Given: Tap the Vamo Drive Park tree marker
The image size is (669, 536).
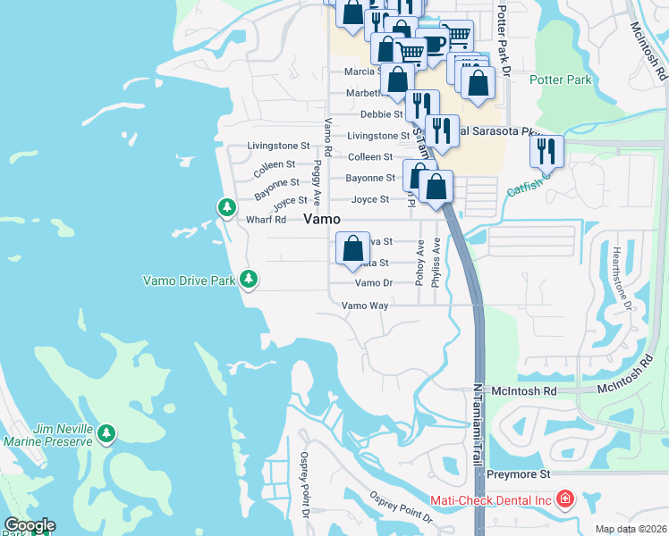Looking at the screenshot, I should (249, 280).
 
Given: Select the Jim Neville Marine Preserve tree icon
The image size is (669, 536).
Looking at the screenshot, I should (106, 434).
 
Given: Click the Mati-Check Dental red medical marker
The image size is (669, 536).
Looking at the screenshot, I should (564, 499).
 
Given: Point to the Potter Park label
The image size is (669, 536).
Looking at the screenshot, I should (561, 80).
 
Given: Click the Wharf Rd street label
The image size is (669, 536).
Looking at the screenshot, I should (266, 220).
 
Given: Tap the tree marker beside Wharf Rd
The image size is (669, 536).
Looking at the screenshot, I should (227, 208).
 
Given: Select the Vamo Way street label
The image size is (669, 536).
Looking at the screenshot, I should (366, 306).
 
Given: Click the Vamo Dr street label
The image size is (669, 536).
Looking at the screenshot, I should (374, 283).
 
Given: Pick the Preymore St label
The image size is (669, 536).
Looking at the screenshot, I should (518, 474).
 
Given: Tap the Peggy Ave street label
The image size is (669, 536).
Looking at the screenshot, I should (317, 183).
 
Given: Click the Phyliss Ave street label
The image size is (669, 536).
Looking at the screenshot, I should (436, 261).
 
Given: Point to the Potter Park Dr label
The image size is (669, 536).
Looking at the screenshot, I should (502, 39).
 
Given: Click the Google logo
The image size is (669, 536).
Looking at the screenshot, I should (29, 525).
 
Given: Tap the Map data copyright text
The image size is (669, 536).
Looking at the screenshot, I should (631, 529).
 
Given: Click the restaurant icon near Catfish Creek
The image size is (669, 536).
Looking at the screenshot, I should (546, 152).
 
